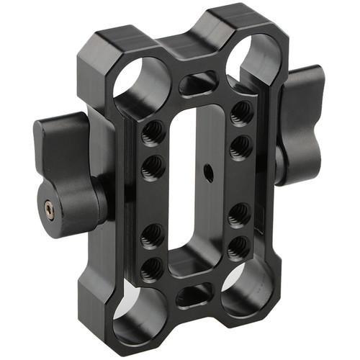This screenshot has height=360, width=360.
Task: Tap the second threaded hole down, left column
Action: click(x=152, y=168)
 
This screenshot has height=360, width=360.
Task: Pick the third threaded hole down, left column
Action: click(x=151, y=235)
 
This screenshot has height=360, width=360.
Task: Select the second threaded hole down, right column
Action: click(x=240, y=146)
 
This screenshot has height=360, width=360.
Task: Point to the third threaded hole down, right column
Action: click(x=239, y=214)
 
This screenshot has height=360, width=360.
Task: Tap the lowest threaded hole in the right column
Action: click(x=238, y=247)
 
